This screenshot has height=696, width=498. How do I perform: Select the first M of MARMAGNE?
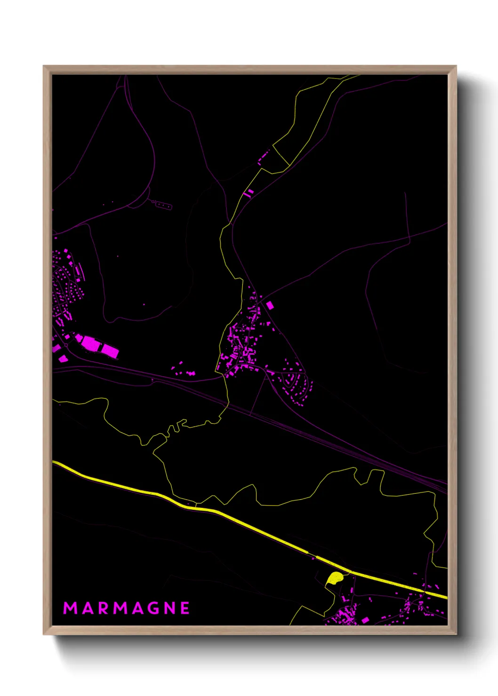[70, 608]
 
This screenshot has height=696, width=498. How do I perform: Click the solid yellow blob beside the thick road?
[334, 578]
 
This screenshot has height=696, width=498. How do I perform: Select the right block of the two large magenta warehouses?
[110, 350]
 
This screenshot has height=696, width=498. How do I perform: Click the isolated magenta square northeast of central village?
[270, 305]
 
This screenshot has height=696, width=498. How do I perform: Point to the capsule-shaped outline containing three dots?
[161, 205]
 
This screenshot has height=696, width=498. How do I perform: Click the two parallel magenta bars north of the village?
[248, 192]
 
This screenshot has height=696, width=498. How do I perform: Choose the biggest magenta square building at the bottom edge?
[365, 620]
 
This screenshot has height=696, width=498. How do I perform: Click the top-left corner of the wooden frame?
[44, 66]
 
